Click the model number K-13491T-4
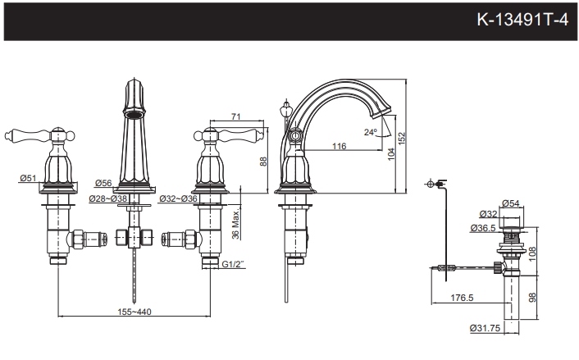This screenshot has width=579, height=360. (x=522, y=19)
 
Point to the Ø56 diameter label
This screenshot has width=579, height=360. (x=103, y=183)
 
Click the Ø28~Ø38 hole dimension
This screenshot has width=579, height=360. (x=109, y=198)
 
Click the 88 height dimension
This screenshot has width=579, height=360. (x=263, y=162)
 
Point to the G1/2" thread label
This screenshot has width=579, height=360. (x=234, y=265)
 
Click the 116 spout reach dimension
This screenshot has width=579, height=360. (x=338, y=146)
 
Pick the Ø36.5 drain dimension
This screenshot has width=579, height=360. (x=483, y=228)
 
